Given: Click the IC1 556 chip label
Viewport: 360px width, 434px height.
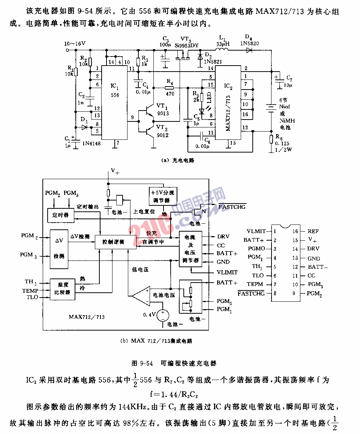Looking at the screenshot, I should pyautogui.click(x=115, y=90).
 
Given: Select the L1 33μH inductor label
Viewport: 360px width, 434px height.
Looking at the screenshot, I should pyautogui.click(x=222, y=41).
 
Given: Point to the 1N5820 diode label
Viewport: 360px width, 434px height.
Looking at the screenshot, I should pyautogui.click(x=249, y=43).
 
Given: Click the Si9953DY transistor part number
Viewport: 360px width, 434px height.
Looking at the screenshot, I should pyautogui.click(x=186, y=45).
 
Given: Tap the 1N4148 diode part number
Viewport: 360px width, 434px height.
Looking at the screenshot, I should pyautogui.click(x=91, y=143).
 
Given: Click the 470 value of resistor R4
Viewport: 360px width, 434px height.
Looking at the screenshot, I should pyautogui.click(x=170, y=94).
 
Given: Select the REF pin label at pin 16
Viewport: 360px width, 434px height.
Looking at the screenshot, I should pyautogui.click(x=313, y=232).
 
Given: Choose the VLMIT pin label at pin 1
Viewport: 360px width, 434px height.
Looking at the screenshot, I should pyautogui.click(x=256, y=232).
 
